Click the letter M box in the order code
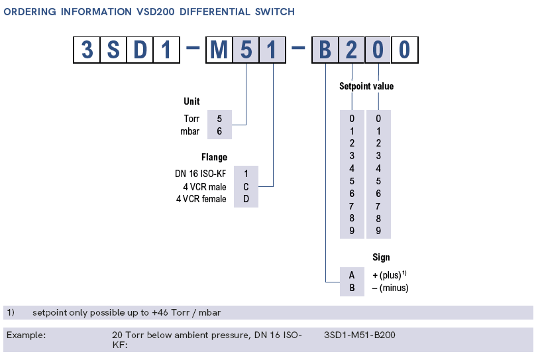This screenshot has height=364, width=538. click(219, 50)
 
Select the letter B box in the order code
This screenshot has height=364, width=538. click(325, 50)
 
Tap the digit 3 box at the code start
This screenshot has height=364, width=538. click(86, 50)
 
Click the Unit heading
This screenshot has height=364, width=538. click(191, 101)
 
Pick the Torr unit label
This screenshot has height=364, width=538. click(191, 119)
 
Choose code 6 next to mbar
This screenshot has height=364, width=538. click(219, 131)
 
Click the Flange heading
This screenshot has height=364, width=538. click(214, 158)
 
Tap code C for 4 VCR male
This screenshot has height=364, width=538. click(245, 187)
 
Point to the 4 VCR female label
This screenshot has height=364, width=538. click(201, 199)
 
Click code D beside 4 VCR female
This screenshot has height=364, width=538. click(245, 199)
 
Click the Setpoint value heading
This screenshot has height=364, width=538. click(366, 86)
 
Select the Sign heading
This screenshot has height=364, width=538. click(381, 257)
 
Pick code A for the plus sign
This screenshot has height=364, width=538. click(352, 274)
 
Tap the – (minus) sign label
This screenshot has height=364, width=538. click(390, 288)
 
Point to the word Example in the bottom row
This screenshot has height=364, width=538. click(27, 335)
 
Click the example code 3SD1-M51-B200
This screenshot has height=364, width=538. click(360, 335)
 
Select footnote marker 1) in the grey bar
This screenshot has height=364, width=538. click(11, 312)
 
